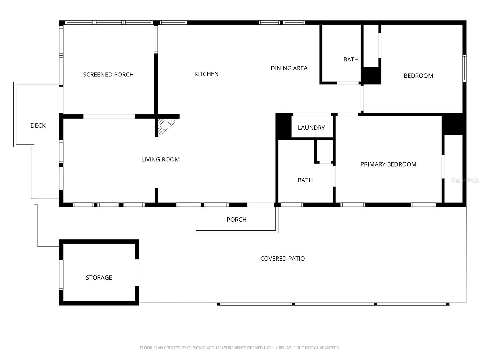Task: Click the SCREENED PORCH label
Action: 108,75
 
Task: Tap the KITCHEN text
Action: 206,74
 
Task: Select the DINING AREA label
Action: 289,68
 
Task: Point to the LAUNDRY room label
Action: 311,128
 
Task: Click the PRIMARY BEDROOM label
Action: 388,164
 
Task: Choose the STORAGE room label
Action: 99,278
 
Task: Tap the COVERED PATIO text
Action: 282,259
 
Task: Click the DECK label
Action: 38,126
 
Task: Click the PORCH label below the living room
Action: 236,220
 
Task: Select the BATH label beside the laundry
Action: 305,180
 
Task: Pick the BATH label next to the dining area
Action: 351,60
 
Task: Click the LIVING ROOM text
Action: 160,160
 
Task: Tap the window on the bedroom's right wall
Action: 464,68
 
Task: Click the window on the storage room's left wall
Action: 61,275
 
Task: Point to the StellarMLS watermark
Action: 465,180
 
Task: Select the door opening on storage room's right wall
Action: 137,272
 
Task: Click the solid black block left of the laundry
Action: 283,126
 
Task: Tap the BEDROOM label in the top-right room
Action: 418,76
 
